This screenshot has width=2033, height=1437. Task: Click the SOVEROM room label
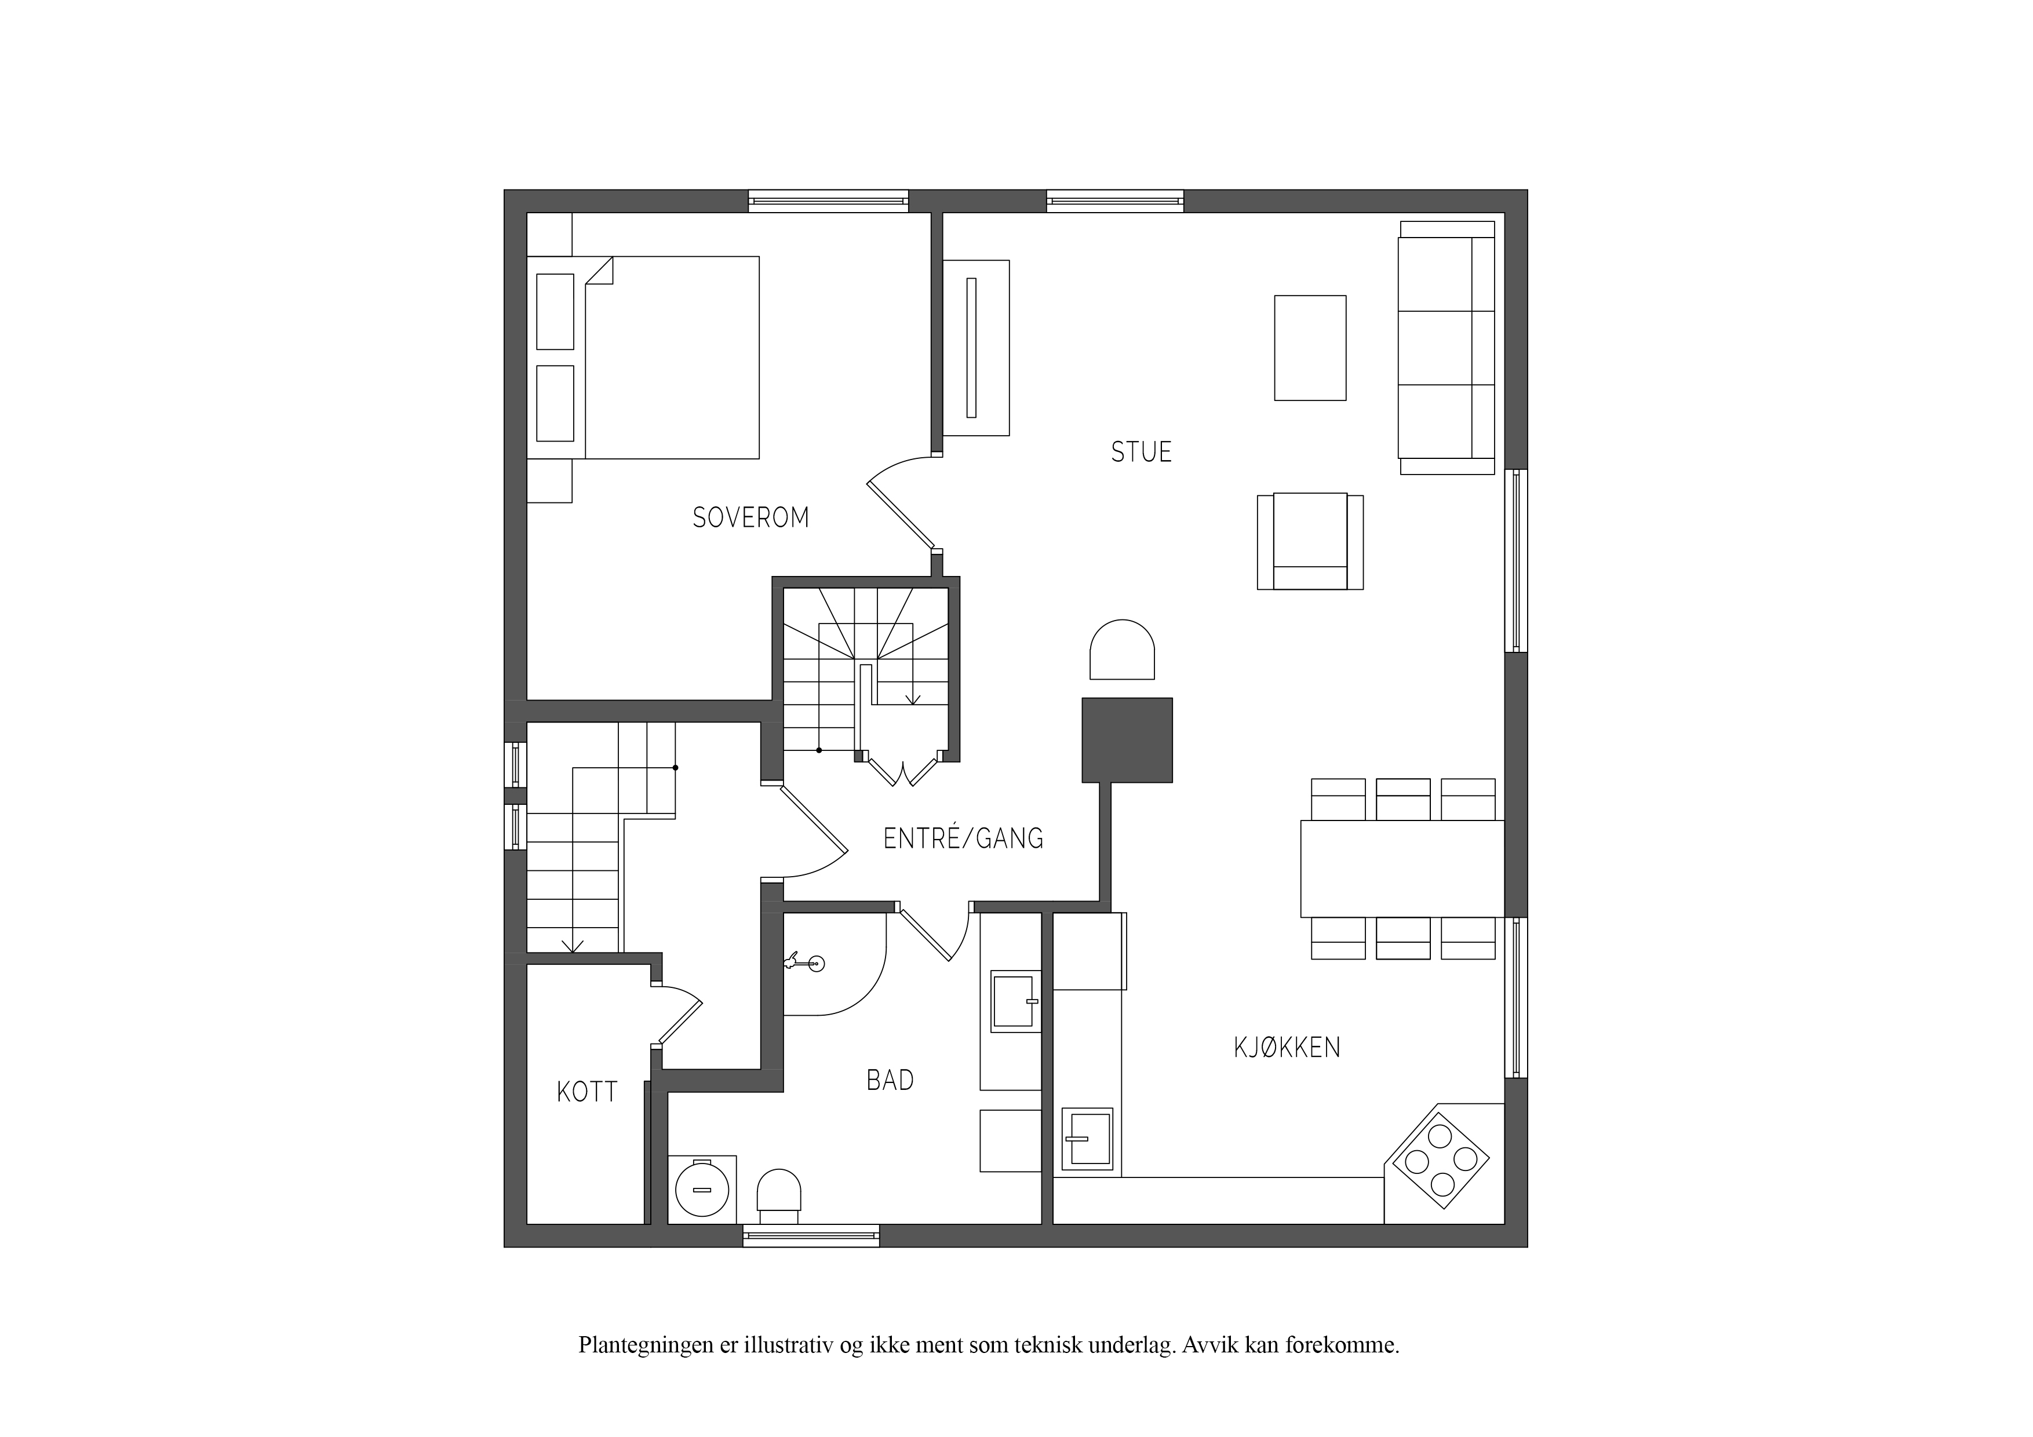tap(751, 517)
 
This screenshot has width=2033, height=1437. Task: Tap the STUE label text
tap(1141, 451)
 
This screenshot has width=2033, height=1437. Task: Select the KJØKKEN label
tap(1287, 1048)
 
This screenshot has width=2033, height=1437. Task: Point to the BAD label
tap(890, 1080)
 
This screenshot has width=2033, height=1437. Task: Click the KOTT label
tap(587, 1092)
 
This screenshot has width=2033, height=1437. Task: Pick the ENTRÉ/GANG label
tap(963, 838)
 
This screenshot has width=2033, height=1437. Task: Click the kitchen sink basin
tap(1087, 1139)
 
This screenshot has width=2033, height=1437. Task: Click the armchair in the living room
tap(1310, 541)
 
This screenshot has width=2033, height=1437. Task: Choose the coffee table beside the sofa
tap(1310, 348)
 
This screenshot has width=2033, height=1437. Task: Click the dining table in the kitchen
tap(1402, 869)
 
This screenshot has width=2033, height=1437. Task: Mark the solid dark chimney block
tap(1127, 740)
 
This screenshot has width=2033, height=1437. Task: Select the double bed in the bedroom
tap(643, 358)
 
